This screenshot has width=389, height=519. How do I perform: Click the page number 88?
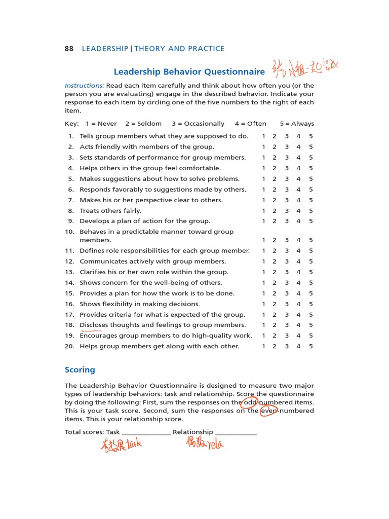pyautogui.click(x=69, y=49)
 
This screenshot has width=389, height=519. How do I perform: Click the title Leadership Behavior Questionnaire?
pyautogui.click(x=189, y=72)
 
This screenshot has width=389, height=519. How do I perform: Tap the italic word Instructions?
pyautogui.click(x=84, y=86)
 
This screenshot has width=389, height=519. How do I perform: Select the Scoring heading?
pyautogui.click(x=80, y=370)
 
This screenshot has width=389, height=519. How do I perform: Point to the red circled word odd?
pyautogui.click(x=250, y=402)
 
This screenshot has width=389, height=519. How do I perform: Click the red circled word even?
pyautogui.click(x=268, y=411)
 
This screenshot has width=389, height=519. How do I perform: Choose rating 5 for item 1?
pyautogui.click(x=311, y=136)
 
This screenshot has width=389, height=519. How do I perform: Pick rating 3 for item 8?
pyautogui.click(x=287, y=211)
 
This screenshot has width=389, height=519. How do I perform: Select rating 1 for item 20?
pyautogui.click(x=263, y=347)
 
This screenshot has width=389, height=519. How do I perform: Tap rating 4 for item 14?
pyautogui.click(x=299, y=283)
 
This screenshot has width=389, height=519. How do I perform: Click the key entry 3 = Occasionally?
pyautogui.click(x=198, y=124)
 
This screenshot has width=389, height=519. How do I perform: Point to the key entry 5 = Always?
pyautogui.click(x=297, y=124)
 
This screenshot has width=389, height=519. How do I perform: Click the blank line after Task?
pyautogui.click(x=146, y=432)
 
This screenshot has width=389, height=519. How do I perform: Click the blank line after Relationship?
pyautogui.click(x=236, y=432)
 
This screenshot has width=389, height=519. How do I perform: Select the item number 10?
pyautogui.click(x=69, y=232)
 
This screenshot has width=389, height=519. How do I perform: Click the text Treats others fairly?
pyautogui.click(x=110, y=211)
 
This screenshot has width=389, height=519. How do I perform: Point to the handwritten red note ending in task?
pyautogui.click(x=121, y=444)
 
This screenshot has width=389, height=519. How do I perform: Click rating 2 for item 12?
pyautogui.click(x=275, y=262)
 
